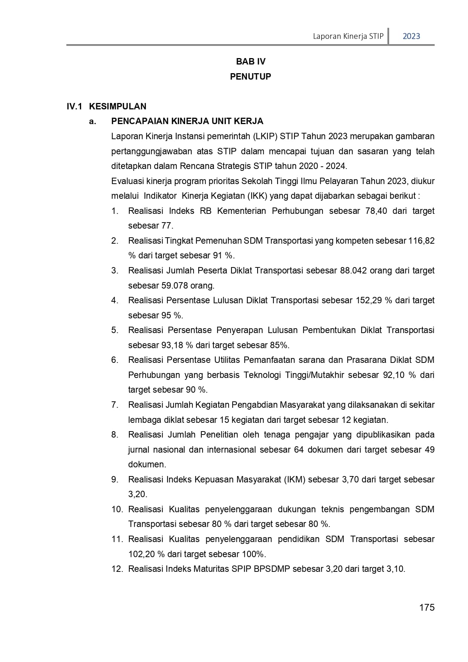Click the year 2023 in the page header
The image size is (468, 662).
point(411,36)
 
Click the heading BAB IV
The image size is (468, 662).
point(251,61)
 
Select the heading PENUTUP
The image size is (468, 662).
point(250,77)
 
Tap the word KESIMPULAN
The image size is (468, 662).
point(118,106)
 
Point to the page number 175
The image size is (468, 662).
point(427,607)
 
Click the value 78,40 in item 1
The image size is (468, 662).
point(376,211)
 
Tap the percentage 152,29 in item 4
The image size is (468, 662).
point(368,300)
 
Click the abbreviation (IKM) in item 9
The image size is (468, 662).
point(296,479)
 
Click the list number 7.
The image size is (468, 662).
point(115,405)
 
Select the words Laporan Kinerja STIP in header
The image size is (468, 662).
point(348,36)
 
